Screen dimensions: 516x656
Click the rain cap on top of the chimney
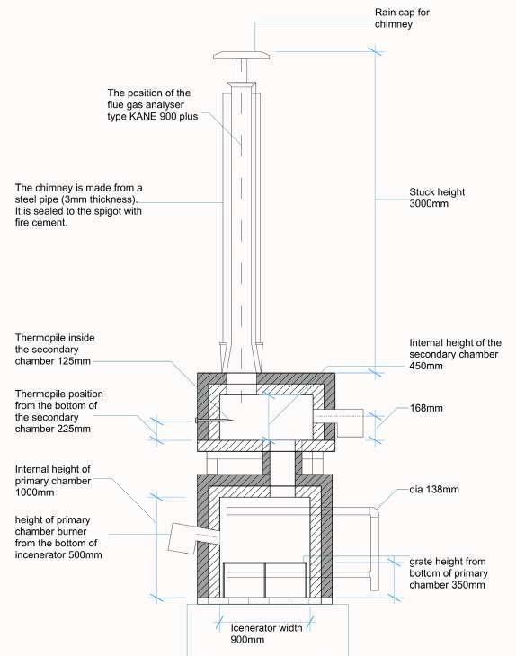click(x=242, y=55)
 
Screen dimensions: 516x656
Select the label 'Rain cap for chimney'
click(x=402, y=18)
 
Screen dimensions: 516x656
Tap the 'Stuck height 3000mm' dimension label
click(x=437, y=198)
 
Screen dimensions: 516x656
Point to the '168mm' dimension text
click(x=426, y=408)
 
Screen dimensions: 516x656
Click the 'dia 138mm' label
click(x=434, y=489)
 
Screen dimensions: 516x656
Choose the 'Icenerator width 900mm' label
click(x=266, y=634)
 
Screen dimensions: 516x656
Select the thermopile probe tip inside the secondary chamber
click(x=231, y=421)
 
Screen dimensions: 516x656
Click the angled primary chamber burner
click(x=193, y=537)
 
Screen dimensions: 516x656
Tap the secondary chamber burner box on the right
click(x=350, y=423)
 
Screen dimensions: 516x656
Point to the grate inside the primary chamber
click(x=265, y=580)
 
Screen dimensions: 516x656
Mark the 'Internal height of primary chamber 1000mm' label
click(x=53, y=481)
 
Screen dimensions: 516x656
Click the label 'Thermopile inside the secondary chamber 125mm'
click(x=55, y=350)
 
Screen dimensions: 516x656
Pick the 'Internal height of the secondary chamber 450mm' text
click(x=455, y=354)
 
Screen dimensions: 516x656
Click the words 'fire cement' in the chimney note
click(x=41, y=223)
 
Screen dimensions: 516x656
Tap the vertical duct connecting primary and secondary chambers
click(x=282, y=468)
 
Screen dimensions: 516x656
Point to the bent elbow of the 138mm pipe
click(x=374, y=511)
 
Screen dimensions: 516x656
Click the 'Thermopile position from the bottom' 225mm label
click(x=59, y=412)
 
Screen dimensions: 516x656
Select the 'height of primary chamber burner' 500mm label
click(x=58, y=537)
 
